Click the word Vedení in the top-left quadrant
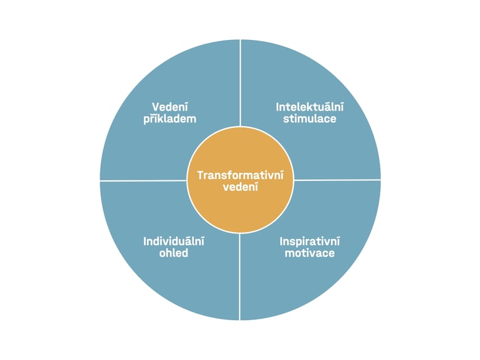(170, 107)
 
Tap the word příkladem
(170, 119)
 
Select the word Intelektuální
(309, 107)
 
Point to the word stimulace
(309, 119)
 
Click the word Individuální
(173, 241)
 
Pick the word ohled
(173, 253)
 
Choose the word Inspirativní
(309, 241)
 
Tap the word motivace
(309, 253)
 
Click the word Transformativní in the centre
(240, 175)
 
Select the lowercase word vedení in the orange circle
(240, 187)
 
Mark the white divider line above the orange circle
(241, 83)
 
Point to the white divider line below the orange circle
(240, 276)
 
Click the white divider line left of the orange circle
(143, 181)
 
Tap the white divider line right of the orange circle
(337, 180)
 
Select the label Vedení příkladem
(170, 113)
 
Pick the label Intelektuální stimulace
(309, 113)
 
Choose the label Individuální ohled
(173, 247)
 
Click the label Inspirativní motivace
(309, 247)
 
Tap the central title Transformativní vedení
(240, 181)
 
